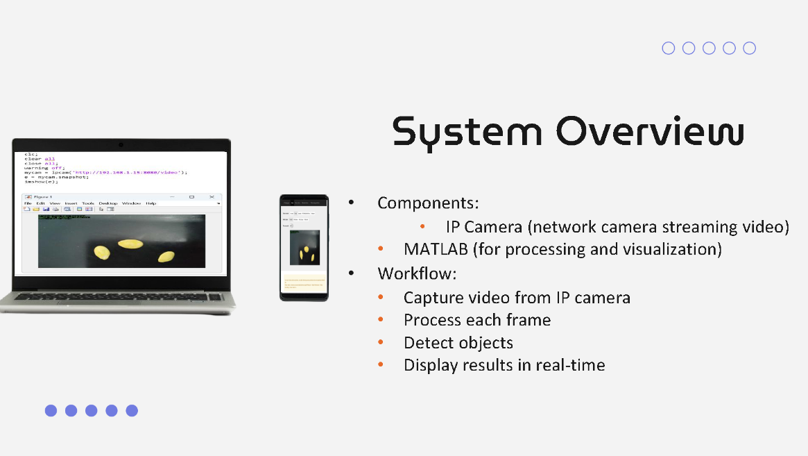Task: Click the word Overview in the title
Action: pyautogui.click(x=650, y=131)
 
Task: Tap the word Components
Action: pyautogui.click(x=428, y=203)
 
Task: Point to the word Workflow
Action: pyautogui.click(x=416, y=273)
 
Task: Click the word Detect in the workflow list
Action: pyautogui.click(x=429, y=343)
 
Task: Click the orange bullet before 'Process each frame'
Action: pyautogui.click(x=380, y=321)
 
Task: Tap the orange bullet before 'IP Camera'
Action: pyautogui.click(x=422, y=227)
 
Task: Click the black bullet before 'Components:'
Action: pyautogui.click(x=351, y=203)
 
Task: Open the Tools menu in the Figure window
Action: pyautogui.click(x=88, y=203)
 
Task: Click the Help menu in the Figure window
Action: pyautogui.click(x=151, y=203)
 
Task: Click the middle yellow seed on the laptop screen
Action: pyautogui.click(x=130, y=244)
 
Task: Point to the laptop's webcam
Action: pyautogui.click(x=121, y=144)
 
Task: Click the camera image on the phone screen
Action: pyautogui.click(x=304, y=246)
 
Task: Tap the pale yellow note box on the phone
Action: pyautogui.click(x=304, y=283)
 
